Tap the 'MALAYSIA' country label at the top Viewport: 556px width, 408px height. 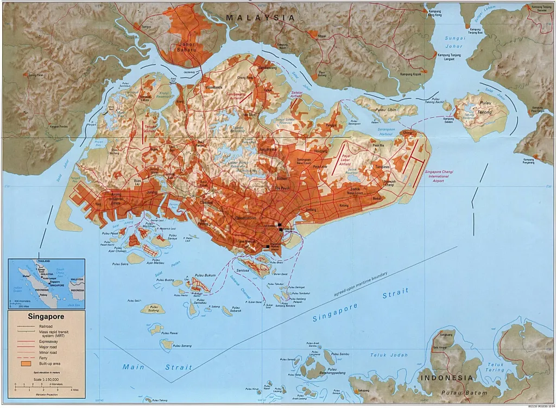coord(260,18)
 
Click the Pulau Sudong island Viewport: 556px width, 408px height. coord(150,309)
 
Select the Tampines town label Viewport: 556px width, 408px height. coord(382,167)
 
